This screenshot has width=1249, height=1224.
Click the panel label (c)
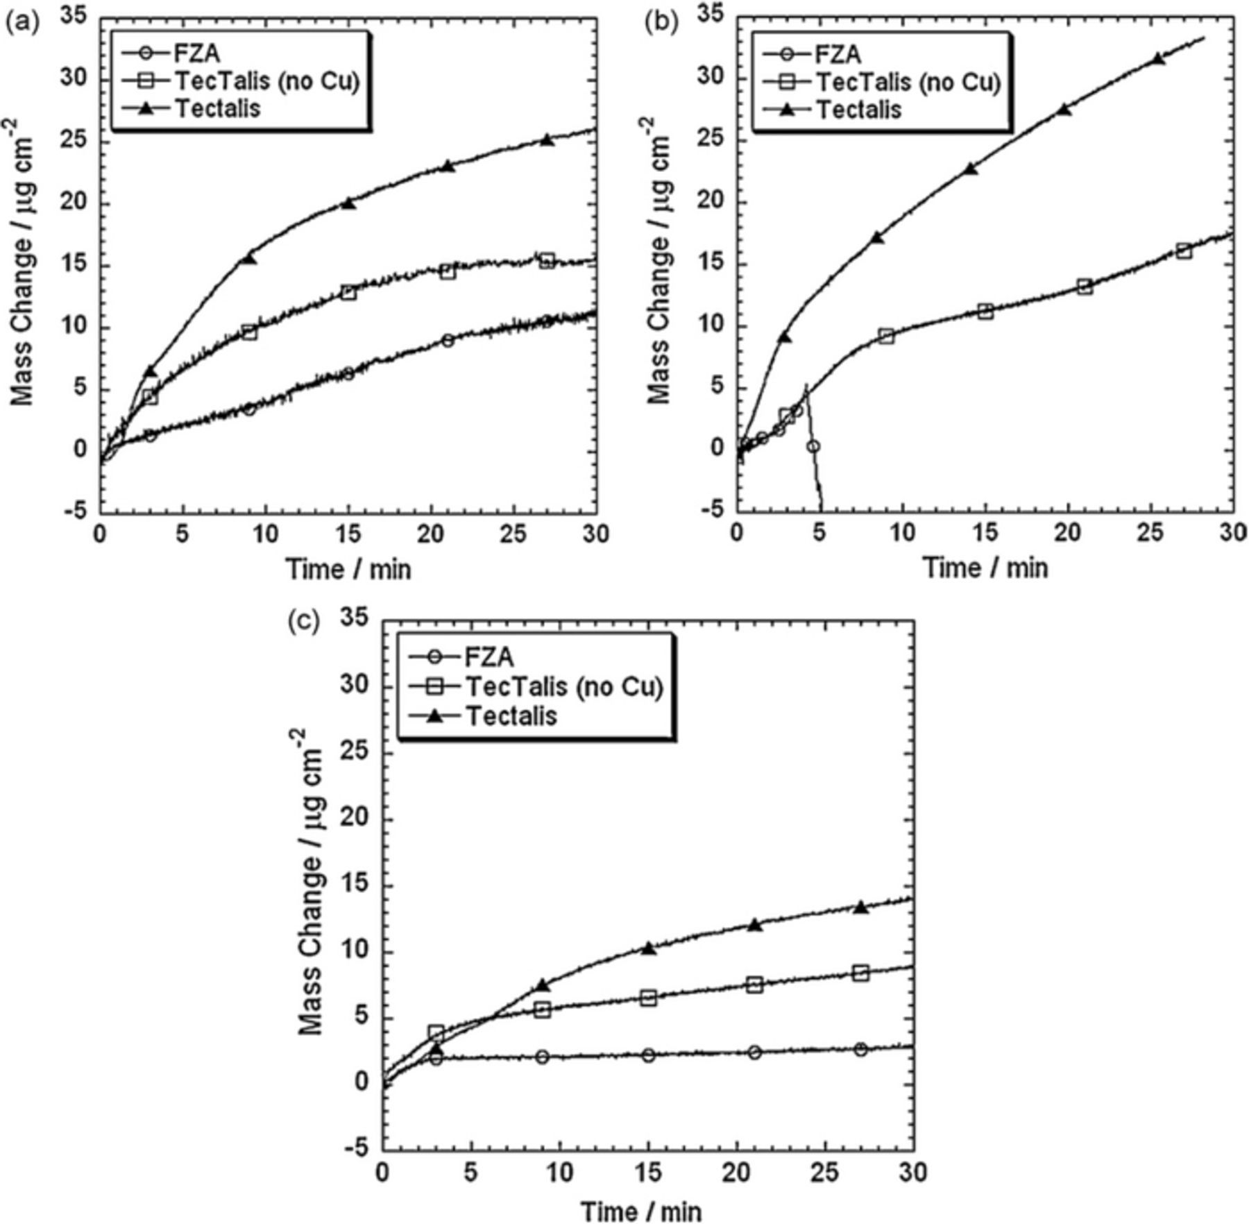click(303, 622)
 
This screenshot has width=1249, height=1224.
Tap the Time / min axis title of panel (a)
click(348, 570)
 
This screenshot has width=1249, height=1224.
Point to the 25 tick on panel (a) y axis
click(78, 141)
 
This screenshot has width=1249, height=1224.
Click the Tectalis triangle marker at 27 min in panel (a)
click(547, 139)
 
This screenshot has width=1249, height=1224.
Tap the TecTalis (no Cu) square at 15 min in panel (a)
click(348, 292)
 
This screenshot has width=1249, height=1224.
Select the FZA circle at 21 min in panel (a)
click(448, 341)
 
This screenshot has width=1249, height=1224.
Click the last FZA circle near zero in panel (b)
click(813, 446)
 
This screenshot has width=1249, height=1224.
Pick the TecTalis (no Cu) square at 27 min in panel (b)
click(1184, 251)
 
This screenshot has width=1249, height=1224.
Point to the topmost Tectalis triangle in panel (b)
click(1157, 59)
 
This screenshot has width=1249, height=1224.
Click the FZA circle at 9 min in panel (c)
click(542, 1057)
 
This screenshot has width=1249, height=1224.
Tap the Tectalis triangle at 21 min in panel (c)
click(755, 925)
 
